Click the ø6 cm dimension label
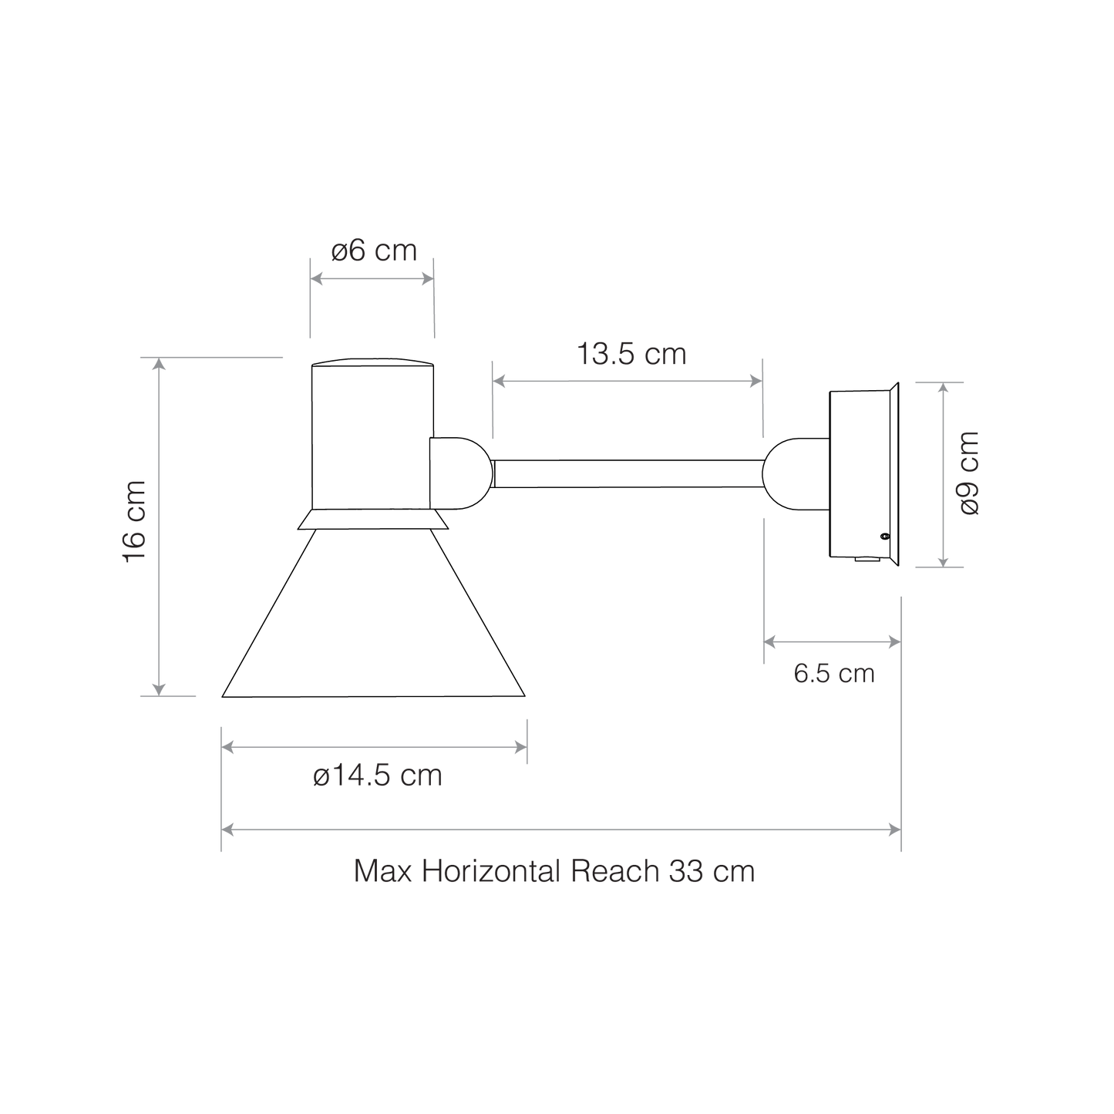click(x=374, y=251)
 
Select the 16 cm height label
click(x=135, y=521)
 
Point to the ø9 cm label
click(x=970, y=473)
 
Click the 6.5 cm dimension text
click(x=833, y=674)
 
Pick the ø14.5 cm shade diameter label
click(x=378, y=776)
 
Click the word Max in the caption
click(x=382, y=870)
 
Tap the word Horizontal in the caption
click(x=491, y=870)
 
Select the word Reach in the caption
click(x=615, y=870)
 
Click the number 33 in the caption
click(x=686, y=870)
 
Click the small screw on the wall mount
click(x=884, y=537)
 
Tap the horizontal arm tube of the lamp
click(x=628, y=473)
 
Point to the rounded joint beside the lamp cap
click(x=461, y=473)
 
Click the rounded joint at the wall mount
click(x=796, y=474)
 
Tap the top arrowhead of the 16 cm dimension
click(x=159, y=364)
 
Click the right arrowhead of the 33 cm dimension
click(x=894, y=830)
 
